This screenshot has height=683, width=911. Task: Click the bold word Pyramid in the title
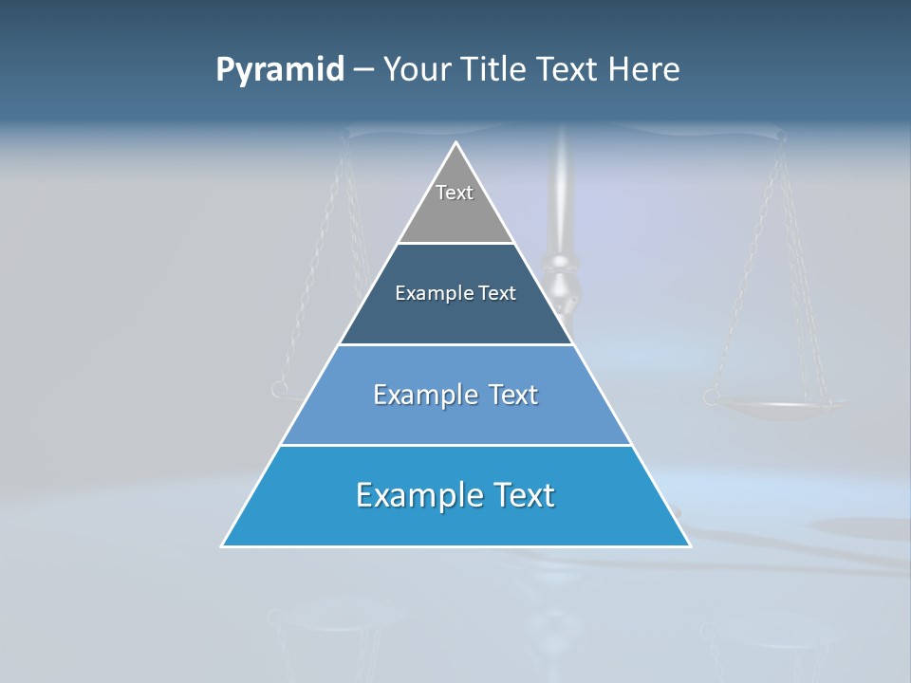pos(280,70)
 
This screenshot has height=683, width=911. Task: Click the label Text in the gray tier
pos(455,193)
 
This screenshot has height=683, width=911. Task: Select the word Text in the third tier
pos(513,395)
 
